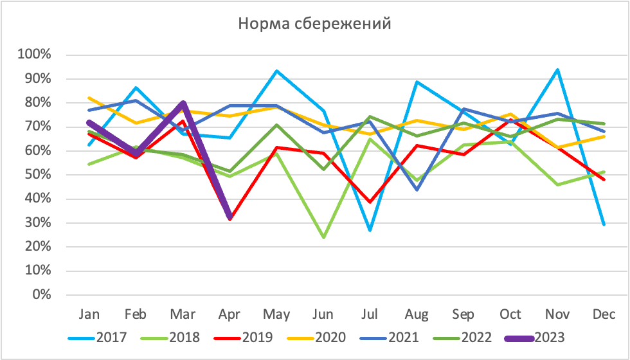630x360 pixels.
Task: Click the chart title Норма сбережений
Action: click(314, 24)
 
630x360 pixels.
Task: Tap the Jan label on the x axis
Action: click(89, 314)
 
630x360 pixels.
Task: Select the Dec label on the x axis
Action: click(604, 314)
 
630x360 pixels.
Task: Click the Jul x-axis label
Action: click(370, 314)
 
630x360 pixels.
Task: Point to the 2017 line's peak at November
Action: click(557, 69)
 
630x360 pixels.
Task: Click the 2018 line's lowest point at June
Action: click(323, 237)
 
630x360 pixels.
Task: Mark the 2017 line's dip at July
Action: click(370, 230)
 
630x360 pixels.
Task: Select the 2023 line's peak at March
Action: click(183, 103)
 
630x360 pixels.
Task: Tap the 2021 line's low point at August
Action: click(417, 190)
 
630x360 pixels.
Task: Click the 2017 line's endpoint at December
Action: click(604, 224)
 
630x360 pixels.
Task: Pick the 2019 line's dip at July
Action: click(370, 202)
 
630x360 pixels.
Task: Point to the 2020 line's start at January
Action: click(89, 98)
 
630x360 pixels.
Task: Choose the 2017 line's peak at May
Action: click(276, 71)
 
